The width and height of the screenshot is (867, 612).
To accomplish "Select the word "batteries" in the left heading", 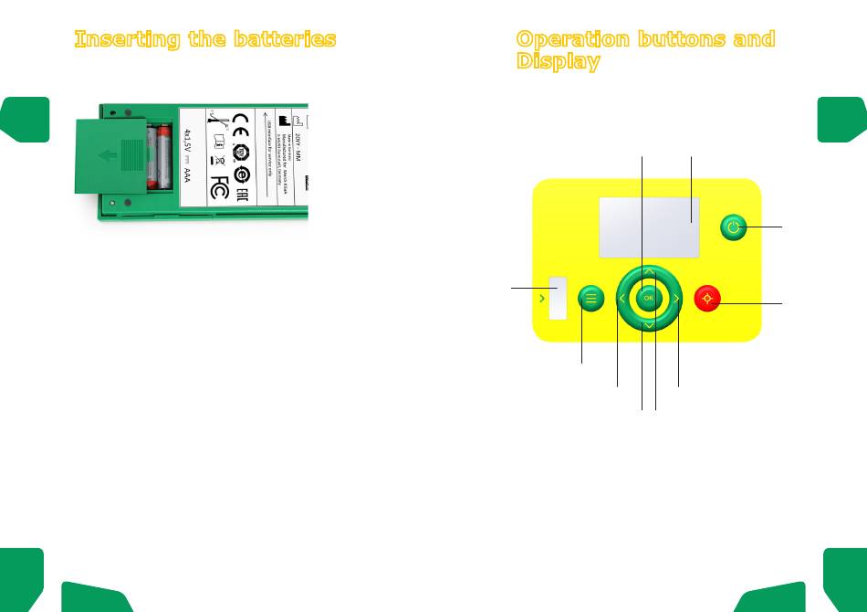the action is point(290,39).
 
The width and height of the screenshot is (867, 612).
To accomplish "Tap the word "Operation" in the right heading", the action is point(573,39).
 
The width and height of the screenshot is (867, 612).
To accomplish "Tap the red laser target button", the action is point(708,298).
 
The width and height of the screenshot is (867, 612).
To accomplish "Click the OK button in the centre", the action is point(648,298).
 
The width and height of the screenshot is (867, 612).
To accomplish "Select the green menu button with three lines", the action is point(591,298).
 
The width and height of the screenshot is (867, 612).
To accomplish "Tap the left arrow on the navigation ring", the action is point(622,298).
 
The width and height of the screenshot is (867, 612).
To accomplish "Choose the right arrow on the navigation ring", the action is point(675,298).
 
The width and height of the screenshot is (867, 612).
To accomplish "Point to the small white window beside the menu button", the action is point(558,298).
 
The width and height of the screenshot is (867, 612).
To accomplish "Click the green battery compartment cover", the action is point(110,155).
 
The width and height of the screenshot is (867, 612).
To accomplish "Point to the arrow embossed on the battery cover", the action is point(107,155).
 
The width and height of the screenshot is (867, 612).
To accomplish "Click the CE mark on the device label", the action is point(242,122).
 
